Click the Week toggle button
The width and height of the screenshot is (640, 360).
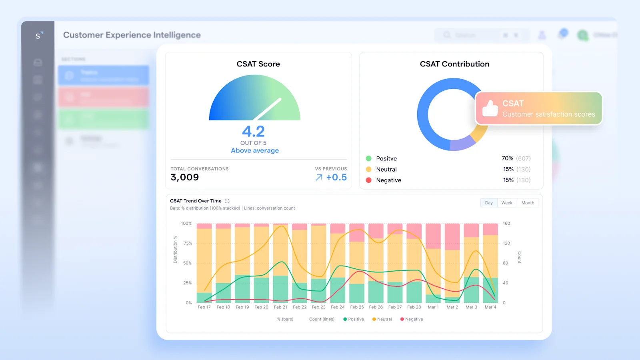[507, 203]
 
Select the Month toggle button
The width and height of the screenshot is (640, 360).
[528, 203]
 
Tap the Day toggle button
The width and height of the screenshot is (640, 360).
[489, 203]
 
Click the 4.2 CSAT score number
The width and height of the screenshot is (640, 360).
[253, 132]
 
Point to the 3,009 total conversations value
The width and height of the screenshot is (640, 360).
[184, 177]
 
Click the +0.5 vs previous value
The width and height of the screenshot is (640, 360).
[336, 177]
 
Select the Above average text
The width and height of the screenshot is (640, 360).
[255, 150]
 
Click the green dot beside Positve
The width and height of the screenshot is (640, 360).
[368, 158]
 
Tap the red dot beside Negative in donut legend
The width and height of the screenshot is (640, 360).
[368, 180]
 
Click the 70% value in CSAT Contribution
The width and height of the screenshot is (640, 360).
[507, 158]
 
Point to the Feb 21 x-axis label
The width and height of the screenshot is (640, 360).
[280, 307]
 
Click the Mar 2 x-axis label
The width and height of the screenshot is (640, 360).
[452, 307]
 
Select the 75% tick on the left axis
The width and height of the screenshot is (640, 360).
[188, 243]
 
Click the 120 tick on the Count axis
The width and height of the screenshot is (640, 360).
[506, 243]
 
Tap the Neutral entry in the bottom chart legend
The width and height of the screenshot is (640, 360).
[382, 319]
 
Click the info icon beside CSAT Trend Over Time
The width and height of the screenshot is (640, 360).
[227, 201]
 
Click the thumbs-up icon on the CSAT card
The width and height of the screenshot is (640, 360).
[490, 108]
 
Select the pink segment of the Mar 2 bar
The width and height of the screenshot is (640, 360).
[452, 236]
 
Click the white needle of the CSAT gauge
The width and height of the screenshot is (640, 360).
[268, 109]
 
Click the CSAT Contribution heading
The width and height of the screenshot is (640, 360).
[454, 64]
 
